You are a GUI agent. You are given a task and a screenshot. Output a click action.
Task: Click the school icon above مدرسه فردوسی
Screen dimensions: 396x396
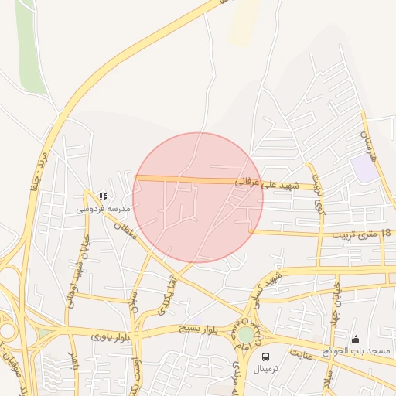click(x=104, y=196)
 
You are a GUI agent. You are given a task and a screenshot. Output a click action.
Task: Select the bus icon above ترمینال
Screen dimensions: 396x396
click(x=266, y=357)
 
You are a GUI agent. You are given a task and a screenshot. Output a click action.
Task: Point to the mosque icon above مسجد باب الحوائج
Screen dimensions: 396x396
click(x=356, y=339)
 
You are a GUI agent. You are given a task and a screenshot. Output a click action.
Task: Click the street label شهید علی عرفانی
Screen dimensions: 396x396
click(x=285, y=184)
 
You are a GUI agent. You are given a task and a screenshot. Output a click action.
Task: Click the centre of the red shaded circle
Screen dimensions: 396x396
click(x=198, y=197)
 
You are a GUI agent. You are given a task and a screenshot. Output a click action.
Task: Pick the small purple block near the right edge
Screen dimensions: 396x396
click(x=364, y=168)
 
